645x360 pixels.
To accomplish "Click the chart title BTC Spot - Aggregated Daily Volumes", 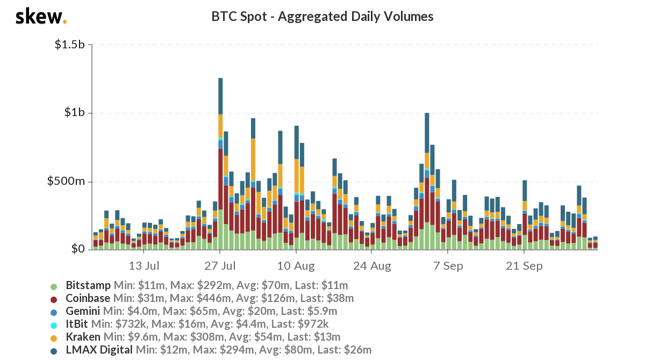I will [322, 17].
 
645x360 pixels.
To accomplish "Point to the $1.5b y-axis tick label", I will [70, 45].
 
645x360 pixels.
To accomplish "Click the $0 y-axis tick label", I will [78, 249].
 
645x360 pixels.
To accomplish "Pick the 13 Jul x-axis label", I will [144, 265].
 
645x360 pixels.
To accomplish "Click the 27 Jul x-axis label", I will [220, 265].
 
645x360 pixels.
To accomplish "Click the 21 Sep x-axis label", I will [525, 265].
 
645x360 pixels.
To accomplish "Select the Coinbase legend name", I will [88, 298].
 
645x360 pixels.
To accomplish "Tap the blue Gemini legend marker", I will [53, 311].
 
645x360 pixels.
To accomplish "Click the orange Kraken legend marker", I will [53, 337].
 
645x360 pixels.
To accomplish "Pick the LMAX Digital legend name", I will [99, 350].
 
